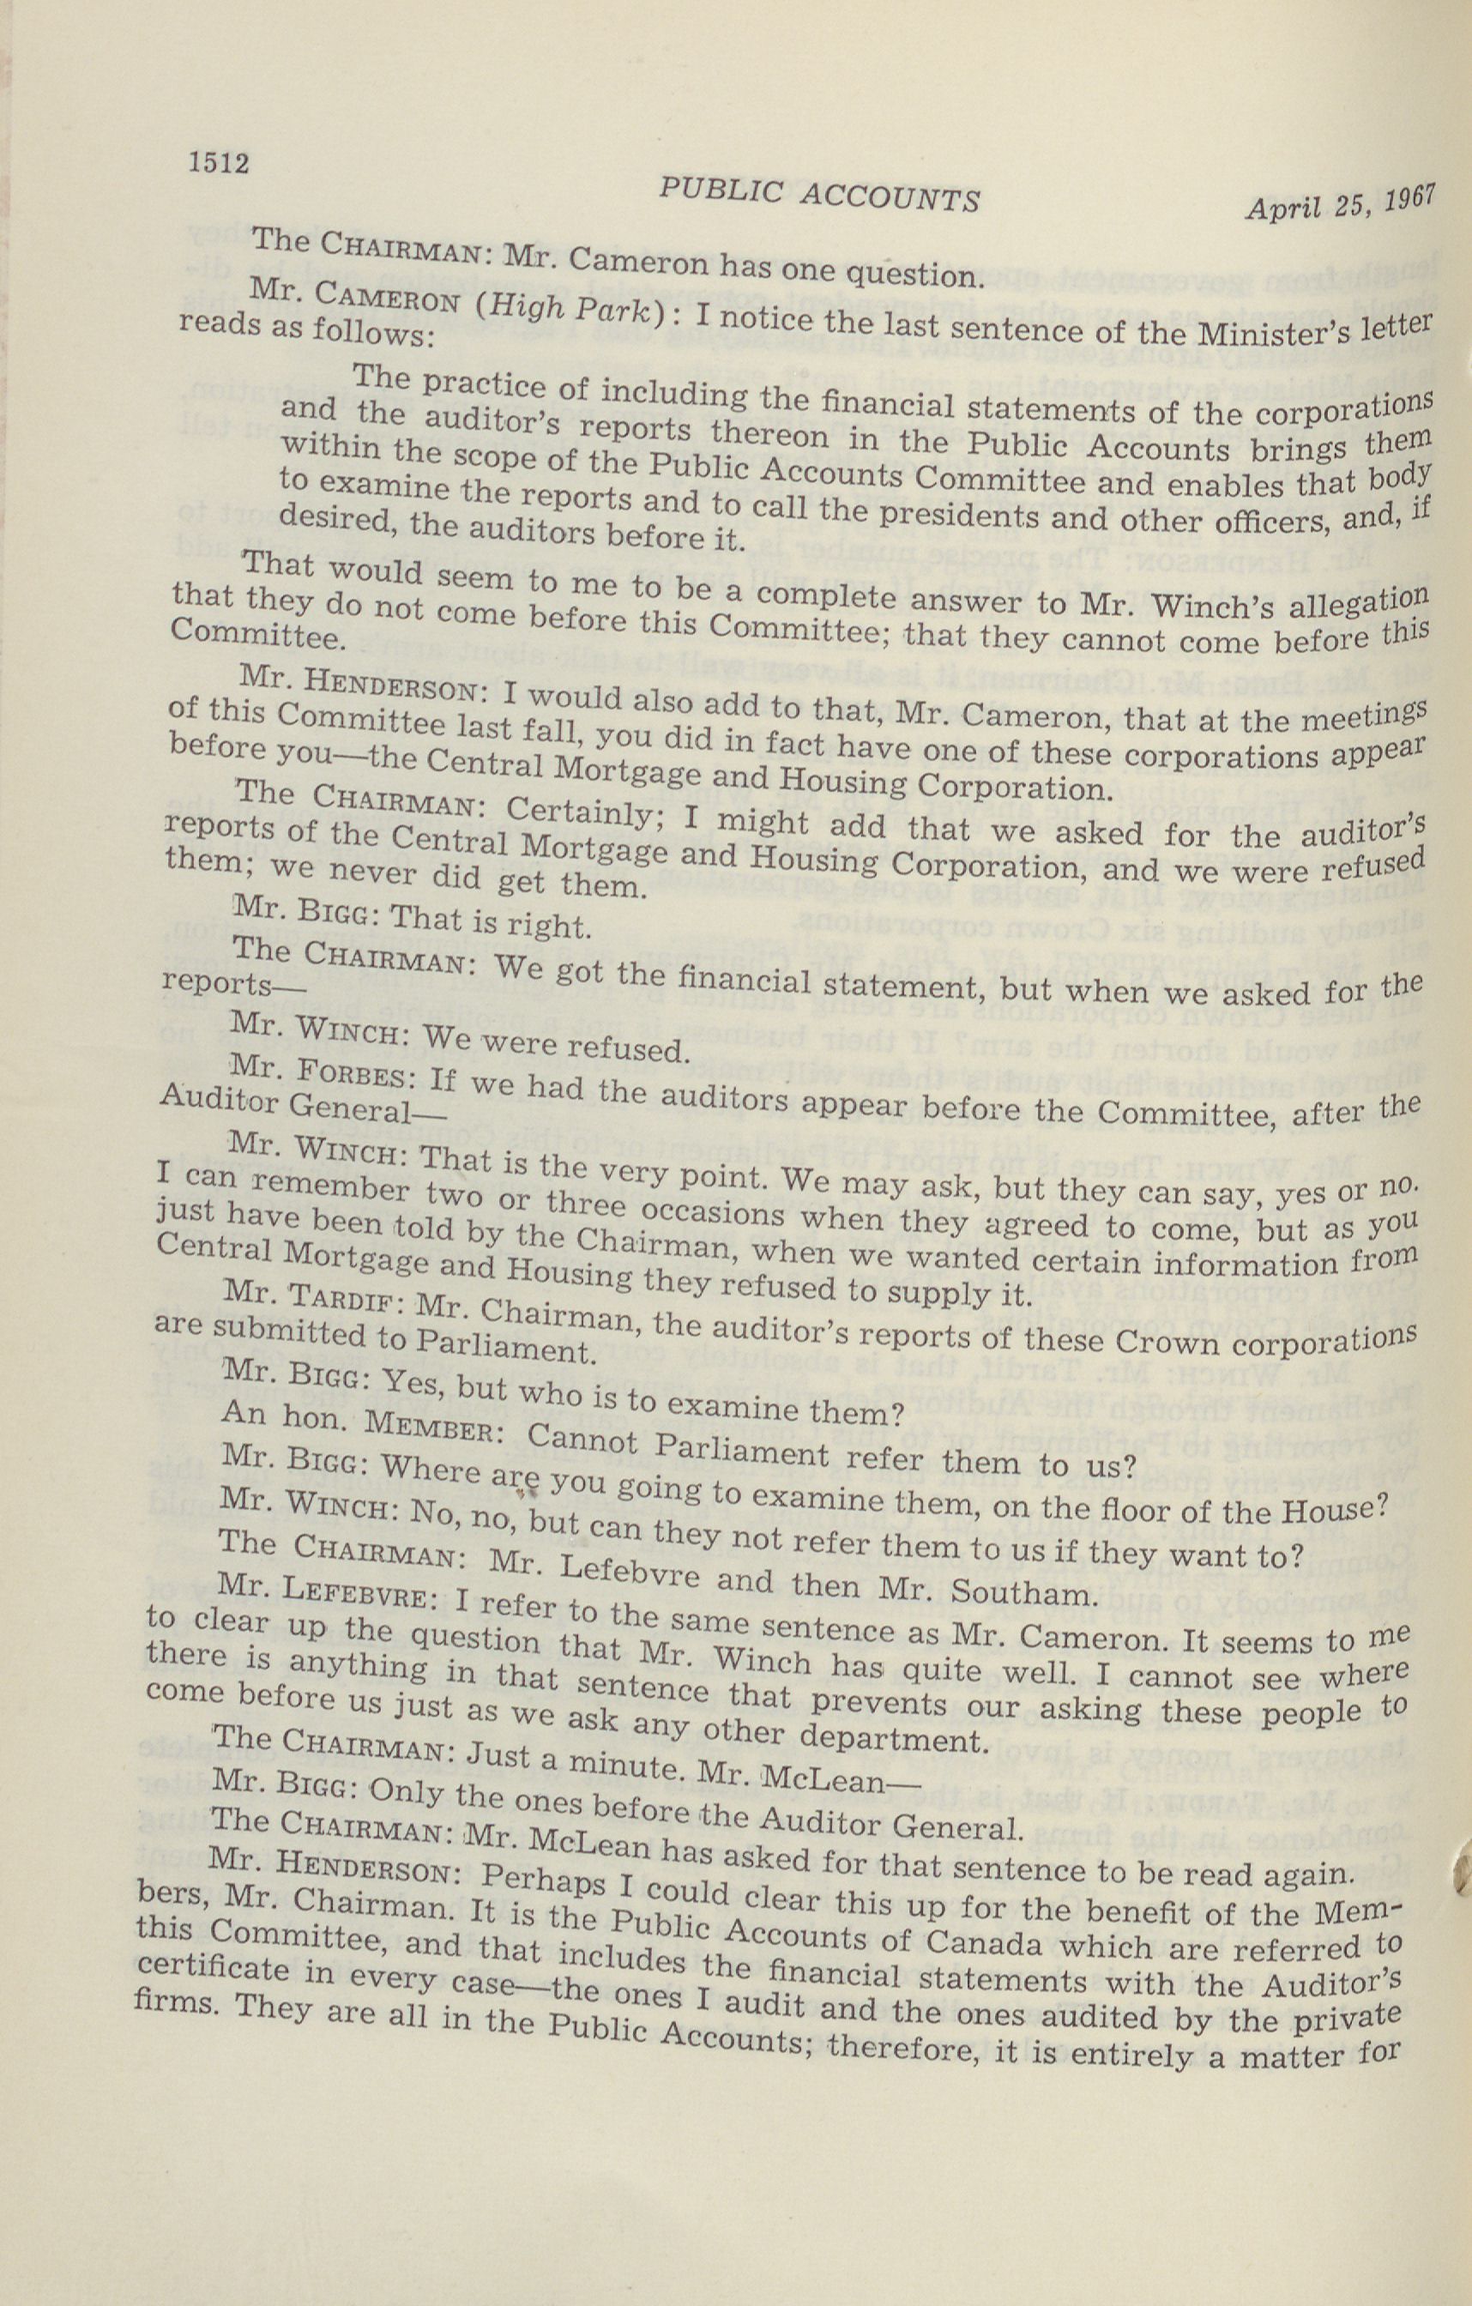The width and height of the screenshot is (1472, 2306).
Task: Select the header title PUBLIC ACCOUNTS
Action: pyautogui.click(x=819, y=196)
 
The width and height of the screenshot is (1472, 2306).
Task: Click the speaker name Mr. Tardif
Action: pyautogui.click(x=313, y=1295)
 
